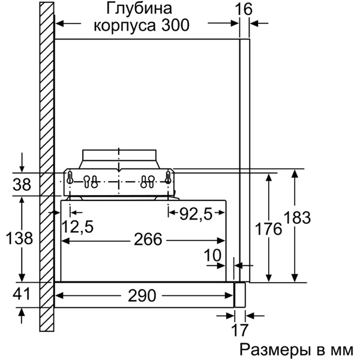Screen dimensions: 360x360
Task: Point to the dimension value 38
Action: coord(22,185)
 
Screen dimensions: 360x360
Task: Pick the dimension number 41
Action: coord(22,295)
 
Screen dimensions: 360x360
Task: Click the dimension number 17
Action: coord(240,330)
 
